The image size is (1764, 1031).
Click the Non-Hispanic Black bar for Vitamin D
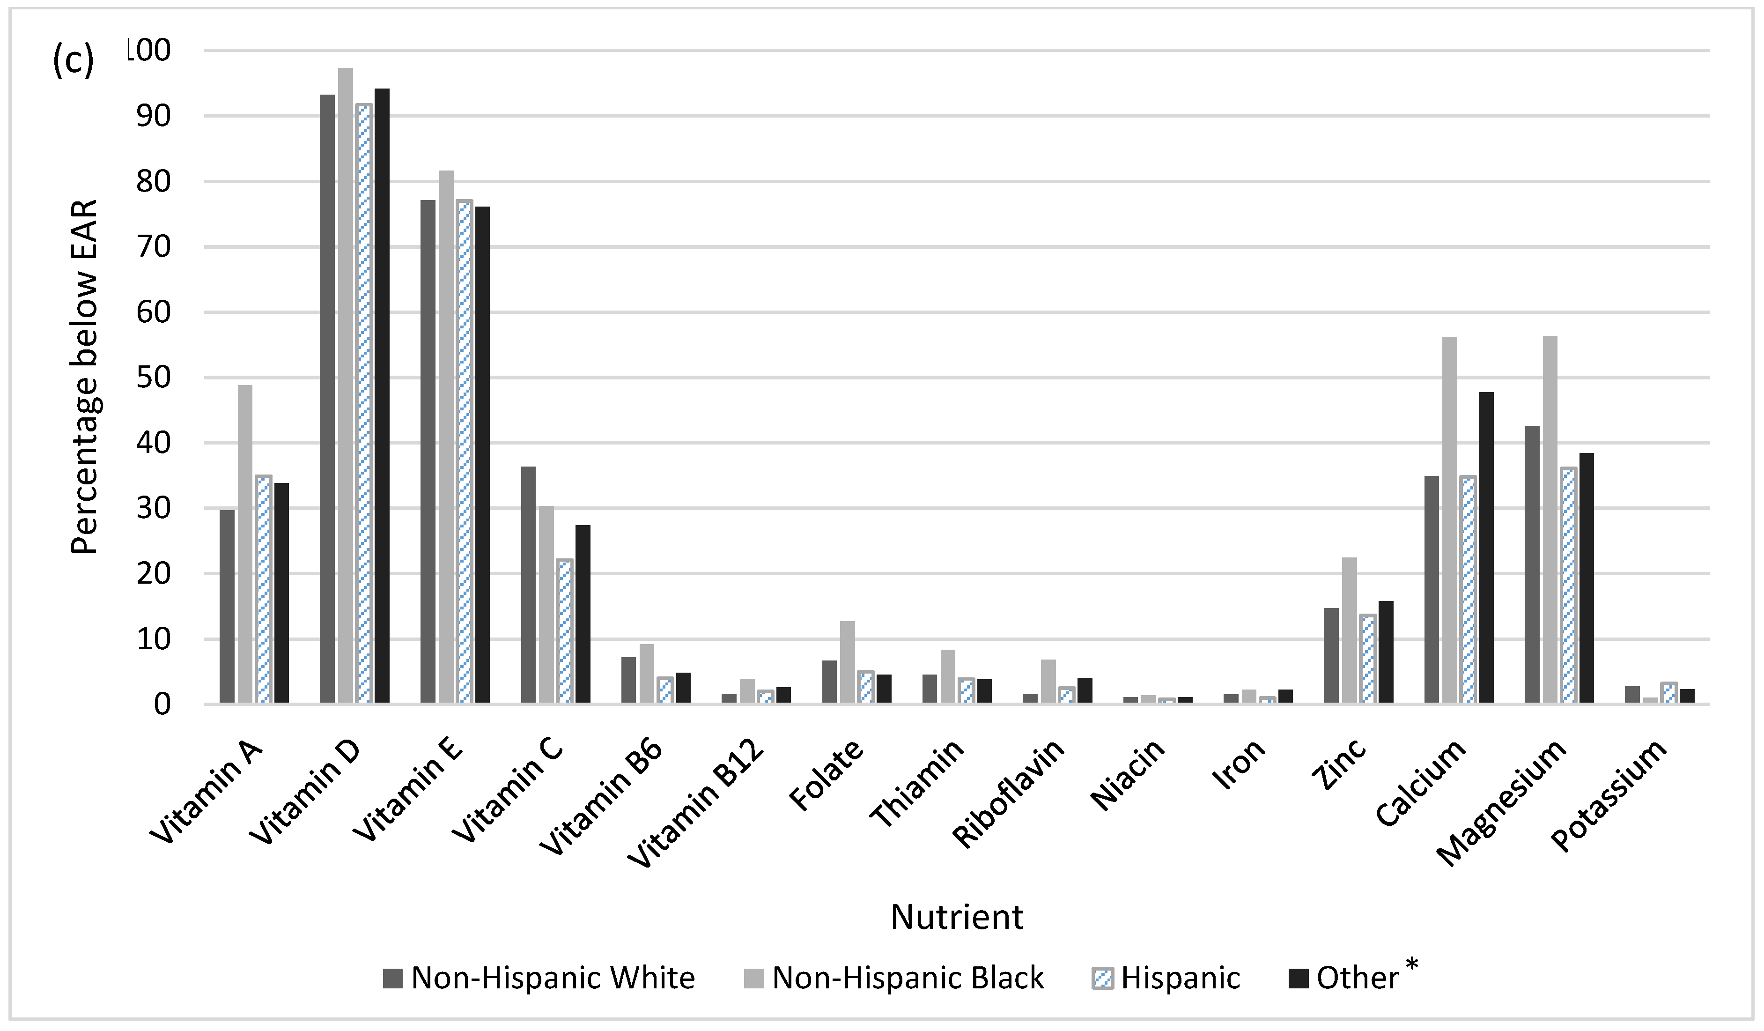tap(345, 385)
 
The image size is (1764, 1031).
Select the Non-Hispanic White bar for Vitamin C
tap(529, 585)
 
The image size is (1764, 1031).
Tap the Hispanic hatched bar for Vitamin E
tap(465, 452)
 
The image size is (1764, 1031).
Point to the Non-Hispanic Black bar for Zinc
tap(1349, 630)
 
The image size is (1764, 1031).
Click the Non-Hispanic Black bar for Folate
tap(847, 662)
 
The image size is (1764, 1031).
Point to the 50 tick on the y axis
tap(153, 378)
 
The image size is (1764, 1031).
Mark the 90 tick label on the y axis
tap(153, 116)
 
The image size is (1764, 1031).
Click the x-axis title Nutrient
tap(956, 917)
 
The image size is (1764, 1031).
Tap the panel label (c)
tap(73, 62)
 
